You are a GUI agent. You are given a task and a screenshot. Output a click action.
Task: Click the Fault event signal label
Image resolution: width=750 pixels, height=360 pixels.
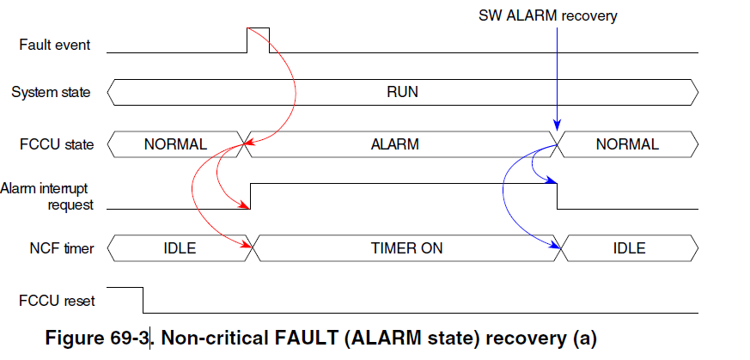tap(54, 45)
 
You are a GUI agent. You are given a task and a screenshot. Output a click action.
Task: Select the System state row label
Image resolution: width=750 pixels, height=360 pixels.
tap(50, 92)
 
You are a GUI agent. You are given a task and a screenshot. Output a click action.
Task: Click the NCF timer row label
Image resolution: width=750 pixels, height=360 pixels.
tap(58, 249)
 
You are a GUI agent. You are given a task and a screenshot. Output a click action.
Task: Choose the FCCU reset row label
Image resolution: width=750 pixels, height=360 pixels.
tap(57, 302)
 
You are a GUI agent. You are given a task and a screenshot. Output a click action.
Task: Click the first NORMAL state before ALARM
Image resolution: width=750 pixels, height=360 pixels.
tap(175, 144)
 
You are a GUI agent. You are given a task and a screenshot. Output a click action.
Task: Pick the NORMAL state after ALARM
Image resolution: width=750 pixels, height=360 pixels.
tap(627, 144)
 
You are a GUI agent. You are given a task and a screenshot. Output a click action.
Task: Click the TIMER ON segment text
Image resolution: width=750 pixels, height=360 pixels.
tap(406, 249)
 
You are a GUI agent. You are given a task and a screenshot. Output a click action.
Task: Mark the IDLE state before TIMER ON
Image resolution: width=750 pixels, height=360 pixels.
tap(180, 249)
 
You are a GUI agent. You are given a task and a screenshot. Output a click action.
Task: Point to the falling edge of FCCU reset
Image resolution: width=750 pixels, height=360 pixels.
tap(142, 302)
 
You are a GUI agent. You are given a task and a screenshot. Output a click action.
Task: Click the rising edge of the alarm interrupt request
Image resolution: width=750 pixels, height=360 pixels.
tap(250, 196)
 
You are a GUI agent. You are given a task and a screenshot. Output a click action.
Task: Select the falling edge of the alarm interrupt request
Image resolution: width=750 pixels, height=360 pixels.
tap(558, 196)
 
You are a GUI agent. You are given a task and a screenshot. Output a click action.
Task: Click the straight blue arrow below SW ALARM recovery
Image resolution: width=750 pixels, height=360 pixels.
tap(558, 77)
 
